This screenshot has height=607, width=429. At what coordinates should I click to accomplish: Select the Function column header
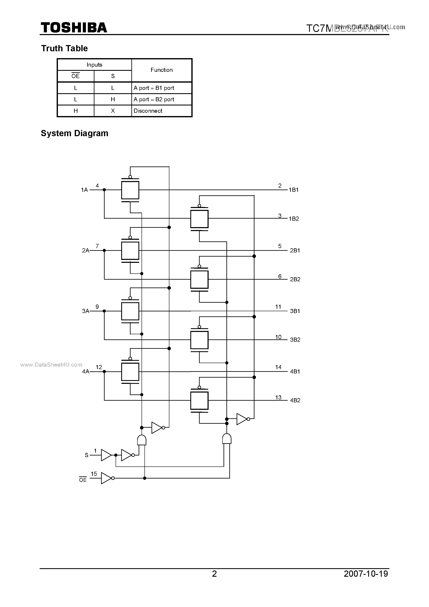coord(161,70)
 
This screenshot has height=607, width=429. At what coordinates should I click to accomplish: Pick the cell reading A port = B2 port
coord(154,99)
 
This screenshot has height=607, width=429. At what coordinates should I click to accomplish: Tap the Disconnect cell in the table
coord(148,111)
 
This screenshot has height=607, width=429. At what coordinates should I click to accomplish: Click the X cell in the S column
coord(113,111)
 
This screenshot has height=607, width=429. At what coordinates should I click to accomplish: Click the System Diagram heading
coord(75,133)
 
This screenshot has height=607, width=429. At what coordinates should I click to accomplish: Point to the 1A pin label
coord(84,190)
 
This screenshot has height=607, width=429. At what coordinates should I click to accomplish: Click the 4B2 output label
coord(295,400)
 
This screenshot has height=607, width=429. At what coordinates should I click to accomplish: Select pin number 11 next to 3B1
coord(278,307)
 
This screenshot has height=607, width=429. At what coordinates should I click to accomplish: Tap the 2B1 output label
coord(295,250)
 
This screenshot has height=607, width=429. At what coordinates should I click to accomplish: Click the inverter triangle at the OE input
coord(106,478)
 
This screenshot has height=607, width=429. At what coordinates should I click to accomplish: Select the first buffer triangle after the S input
coord(106,455)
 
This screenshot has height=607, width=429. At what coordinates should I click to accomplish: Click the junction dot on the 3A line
coord(104,311)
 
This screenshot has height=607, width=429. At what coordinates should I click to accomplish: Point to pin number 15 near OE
coord(94,474)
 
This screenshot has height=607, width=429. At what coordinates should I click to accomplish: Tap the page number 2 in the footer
coord(214,573)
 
